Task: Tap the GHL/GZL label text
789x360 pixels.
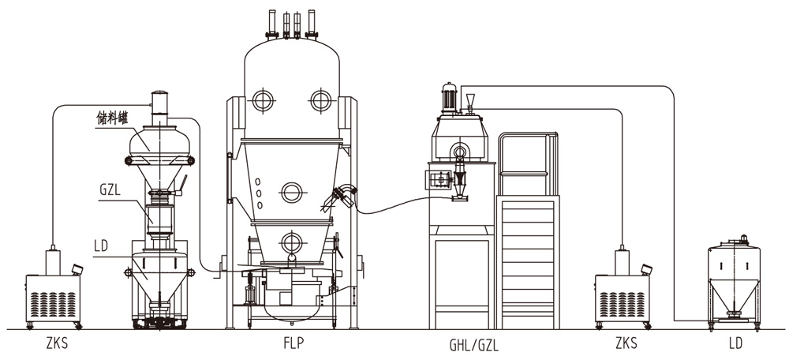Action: point(473,344)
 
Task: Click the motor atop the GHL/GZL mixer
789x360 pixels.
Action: point(450,97)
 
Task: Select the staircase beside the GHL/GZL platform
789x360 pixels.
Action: point(529,261)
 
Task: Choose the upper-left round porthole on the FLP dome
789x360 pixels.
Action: point(262,99)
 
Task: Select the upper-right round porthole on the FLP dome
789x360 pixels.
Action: point(320,99)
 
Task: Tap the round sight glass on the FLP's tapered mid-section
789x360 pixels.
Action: point(291,190)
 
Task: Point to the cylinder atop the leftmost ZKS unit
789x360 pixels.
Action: point(53,260)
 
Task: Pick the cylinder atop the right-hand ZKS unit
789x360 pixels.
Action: point(623,260)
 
